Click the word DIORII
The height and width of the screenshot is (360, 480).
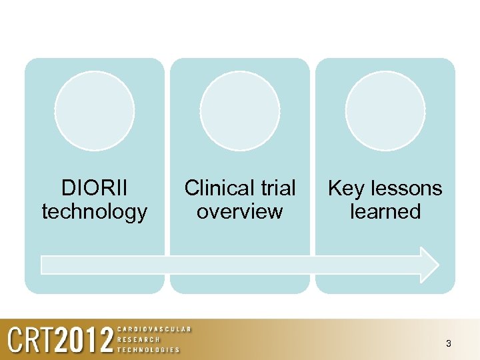click(x=94, y=188)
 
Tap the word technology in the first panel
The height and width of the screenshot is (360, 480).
click(x=94, y=212)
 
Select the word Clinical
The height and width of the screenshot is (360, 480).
click(x=221, y=188)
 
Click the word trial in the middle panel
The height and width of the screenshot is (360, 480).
click(x=279, y=188)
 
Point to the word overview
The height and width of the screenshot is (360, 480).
click(x=239, y=212)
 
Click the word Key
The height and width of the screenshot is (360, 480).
click(x=345, y=188)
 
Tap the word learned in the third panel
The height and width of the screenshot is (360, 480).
click(x=385, y=212)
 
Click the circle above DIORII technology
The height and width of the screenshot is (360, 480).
click(x=94, y=111)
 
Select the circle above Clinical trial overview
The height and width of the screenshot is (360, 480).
click(x=239, y=111)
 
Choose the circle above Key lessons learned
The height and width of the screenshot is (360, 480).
click(x=385, y=111)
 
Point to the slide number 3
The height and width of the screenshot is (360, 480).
click(x=448, y=344)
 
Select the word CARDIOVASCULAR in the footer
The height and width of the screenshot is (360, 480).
click(x=154, y=329)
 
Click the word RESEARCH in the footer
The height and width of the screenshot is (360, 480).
click(x=139, y=339)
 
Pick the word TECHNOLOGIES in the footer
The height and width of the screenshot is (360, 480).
click(x=149, y=349)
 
